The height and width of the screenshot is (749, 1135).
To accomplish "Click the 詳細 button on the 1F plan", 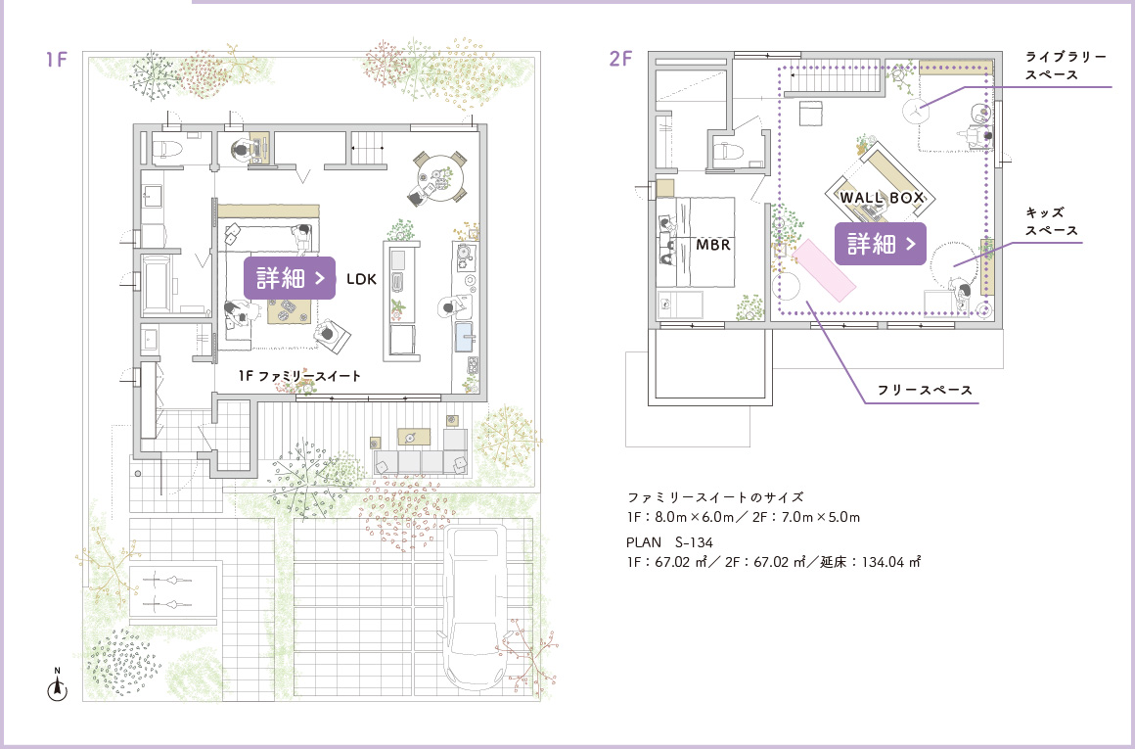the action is click(290, 278).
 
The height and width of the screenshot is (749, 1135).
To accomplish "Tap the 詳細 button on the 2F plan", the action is click(881, 244).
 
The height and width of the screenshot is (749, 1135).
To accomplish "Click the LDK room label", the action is click(361, 279).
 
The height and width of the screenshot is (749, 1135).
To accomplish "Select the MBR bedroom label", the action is click(713, 245).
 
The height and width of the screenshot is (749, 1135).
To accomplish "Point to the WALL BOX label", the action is click(882, 198).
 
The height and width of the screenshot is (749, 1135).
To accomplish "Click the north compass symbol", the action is click(57, 685).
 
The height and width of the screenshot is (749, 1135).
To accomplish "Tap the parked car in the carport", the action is click(475, 608).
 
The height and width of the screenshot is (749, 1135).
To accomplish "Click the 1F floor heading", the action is click(57, 59).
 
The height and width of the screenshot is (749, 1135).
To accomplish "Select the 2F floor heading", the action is click(621, 59).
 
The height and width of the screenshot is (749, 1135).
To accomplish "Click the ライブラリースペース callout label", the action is click(1066, 66).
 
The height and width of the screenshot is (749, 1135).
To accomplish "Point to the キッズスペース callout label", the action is click(1051, 221).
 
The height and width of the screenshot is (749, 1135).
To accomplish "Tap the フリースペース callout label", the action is click(925, 390).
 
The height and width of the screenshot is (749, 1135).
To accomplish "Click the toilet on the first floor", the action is click(167, 148).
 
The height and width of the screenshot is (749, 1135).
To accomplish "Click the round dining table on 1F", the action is click(438, 177).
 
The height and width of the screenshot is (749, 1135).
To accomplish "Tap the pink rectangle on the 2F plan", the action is click(825, 270).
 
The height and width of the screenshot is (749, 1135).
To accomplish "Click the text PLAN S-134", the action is click(669, 541).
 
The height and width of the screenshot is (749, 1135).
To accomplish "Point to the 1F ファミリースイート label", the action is click(299, 376).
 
